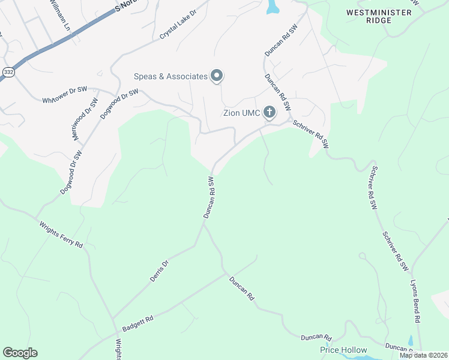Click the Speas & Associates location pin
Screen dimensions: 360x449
click(x=217, y=76)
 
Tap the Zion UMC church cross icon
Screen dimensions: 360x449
click(x=270, y=112)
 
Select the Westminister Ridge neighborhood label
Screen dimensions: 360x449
click(x=379, y=16)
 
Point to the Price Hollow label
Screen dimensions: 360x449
click(x=343, y=350)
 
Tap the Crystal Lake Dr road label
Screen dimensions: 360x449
click(x=178, y=25)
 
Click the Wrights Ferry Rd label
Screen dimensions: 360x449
click(x=61, y=235)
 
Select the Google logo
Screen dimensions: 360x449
click(x=20, y=353)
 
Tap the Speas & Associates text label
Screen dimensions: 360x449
click(x=170, y=76)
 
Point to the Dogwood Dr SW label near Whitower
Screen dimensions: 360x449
click(x=120, y=103)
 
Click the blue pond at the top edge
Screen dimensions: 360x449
click(x=273, y=7)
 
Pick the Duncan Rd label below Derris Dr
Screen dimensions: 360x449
click(x=241, y=289)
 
